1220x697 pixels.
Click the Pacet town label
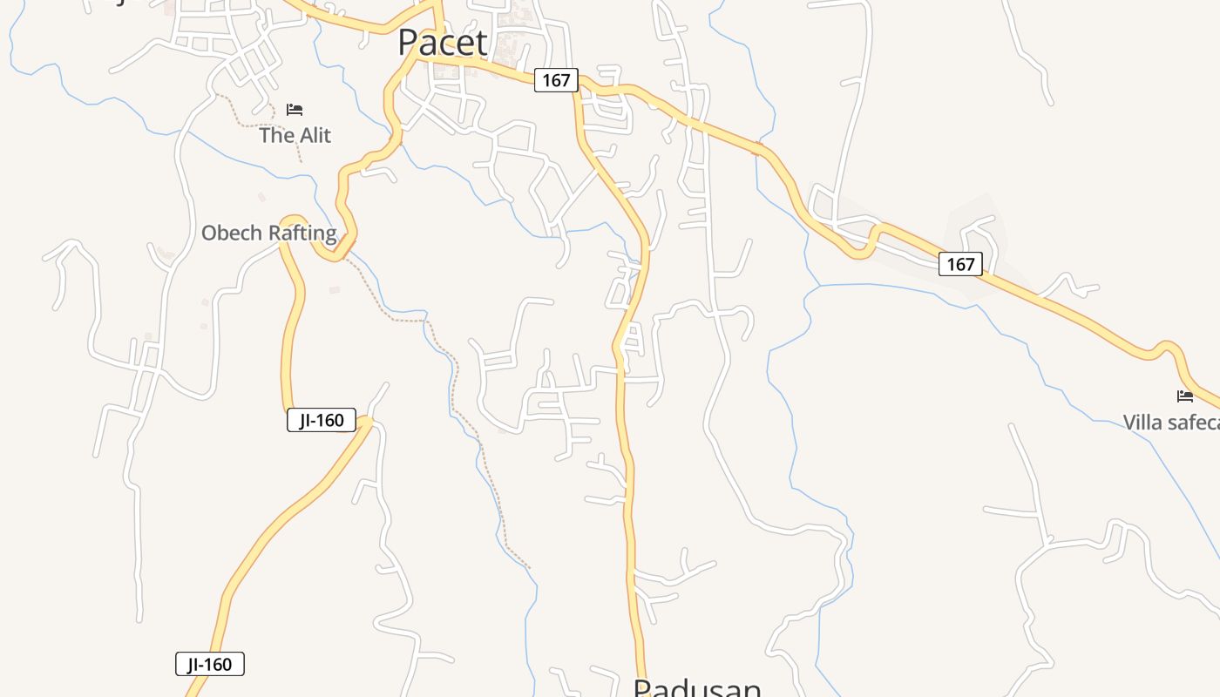pos(443,42)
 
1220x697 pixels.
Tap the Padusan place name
pos(697,688)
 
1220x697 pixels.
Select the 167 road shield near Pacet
pos(556,81)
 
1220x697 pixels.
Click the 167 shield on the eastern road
pos(960,264)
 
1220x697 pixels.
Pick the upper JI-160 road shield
pos(322,421)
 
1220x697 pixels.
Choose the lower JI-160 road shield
pos(210,665)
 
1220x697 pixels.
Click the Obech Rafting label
pos(268,233)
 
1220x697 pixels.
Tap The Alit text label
pos(295,136)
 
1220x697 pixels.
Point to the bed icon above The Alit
pos(295,110)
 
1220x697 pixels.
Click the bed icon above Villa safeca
pos(1185,396)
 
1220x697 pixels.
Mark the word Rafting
pos(302,233)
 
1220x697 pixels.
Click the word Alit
pos(315,136)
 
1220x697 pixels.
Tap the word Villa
pos(1143,423)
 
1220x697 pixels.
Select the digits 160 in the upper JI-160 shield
pos(330,421)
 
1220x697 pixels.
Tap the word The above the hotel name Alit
pos(276,136)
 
